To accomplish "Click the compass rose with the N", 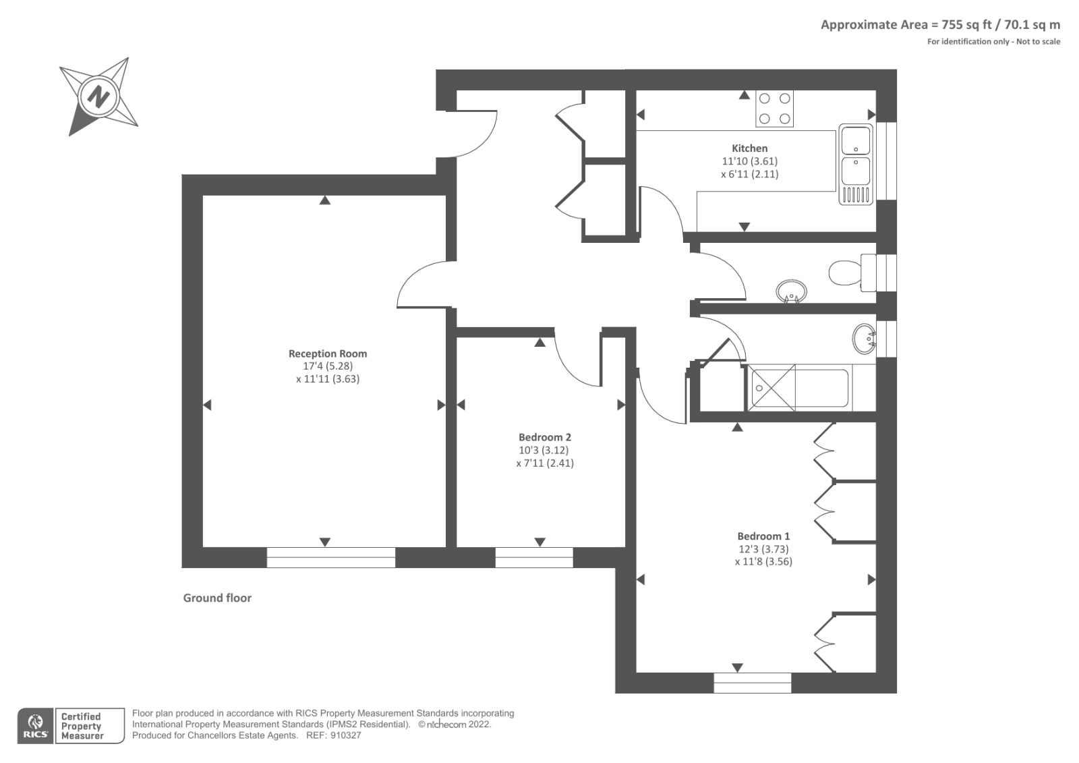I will click(98, 96).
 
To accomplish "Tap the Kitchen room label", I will click(749, 148).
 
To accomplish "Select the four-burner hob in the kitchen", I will click(774, 109).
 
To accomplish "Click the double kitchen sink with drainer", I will click(856, 164).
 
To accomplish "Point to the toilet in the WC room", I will click(846, 273).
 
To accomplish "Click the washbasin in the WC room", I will click(791, 292).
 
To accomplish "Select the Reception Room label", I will click(328, 354).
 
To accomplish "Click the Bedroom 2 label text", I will click(544, 437).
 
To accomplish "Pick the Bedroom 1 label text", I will click(763, 536).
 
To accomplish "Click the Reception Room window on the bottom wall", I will click(330, 557).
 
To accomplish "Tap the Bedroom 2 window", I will click(533, 557).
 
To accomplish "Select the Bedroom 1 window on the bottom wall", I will click(752, 683).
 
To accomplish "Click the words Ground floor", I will click(217, 598).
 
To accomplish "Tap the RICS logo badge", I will click(35, 726).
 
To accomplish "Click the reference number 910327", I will click(345, 735).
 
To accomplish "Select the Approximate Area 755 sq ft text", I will click(939, 25).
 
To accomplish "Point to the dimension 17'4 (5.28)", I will click(328, 366).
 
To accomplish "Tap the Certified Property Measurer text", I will click(82, 726).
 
